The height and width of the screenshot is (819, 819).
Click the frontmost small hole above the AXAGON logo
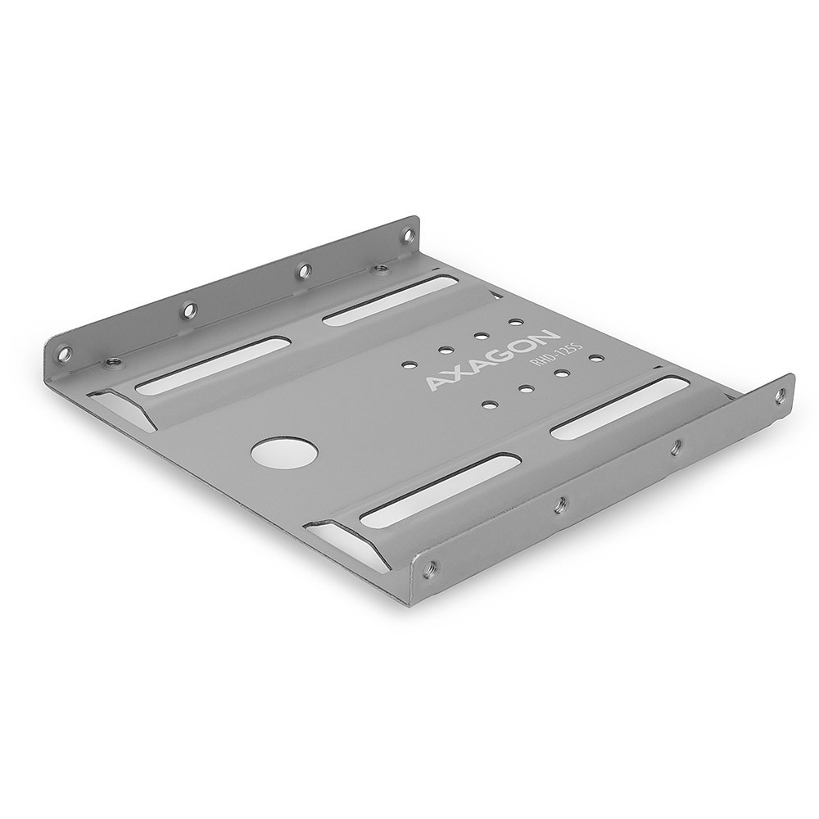click(x=407, y=362)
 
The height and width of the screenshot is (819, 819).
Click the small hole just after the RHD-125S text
click(x=595, y=358)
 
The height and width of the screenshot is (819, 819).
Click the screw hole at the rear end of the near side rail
click(x=778, y=396)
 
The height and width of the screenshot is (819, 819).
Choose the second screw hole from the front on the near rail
click(x=559, y=505)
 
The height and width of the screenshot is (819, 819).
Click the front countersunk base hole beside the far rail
click(x=115, y=361)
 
